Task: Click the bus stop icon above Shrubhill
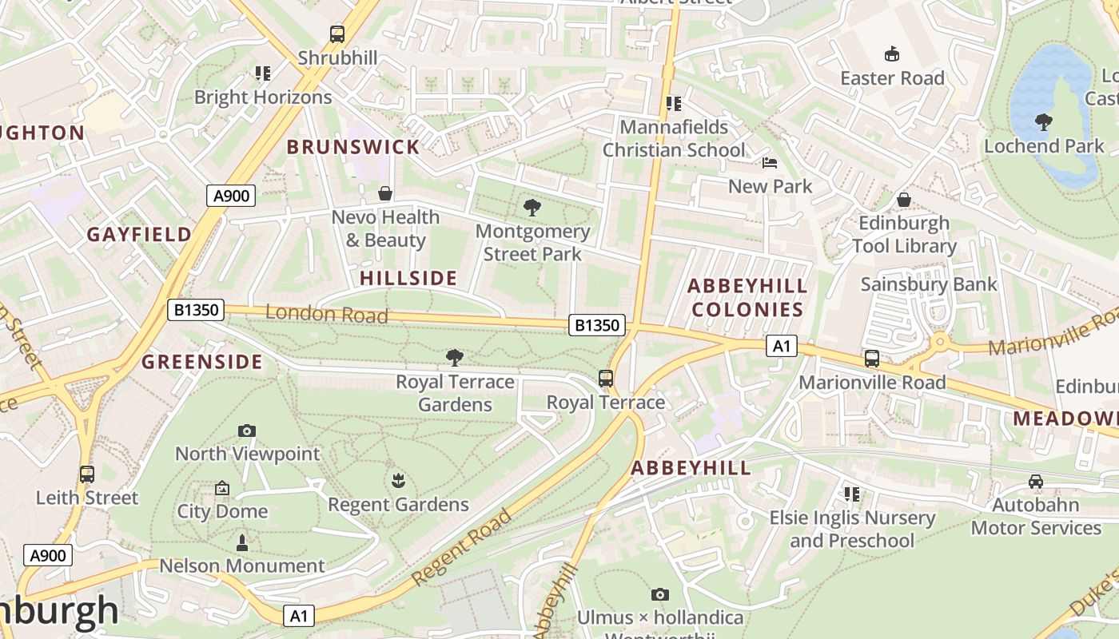pos(337,34)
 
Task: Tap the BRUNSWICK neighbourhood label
pos(352,147)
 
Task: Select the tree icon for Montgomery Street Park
pos(532,208)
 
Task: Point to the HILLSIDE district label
pos(408,278)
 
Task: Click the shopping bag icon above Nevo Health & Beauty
pos(385,194)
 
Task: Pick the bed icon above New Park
pos(769,163)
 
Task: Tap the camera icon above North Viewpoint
pos(247,431)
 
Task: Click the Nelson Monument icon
pos(242,543)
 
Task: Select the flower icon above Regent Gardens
pos(397,481)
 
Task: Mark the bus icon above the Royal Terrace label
pos(606,379)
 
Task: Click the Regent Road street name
pos(462,548)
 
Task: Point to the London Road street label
pos(326,314)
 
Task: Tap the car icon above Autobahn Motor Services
pos(1036,482)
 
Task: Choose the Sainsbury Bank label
pos(929,284)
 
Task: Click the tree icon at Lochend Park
pos(1043,122)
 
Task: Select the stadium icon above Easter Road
pos(892,54)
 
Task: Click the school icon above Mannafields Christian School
pos(674,104)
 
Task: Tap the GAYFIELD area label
pos(139,234)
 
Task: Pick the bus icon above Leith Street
pos(87,474)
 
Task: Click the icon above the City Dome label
pos(222,488)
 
